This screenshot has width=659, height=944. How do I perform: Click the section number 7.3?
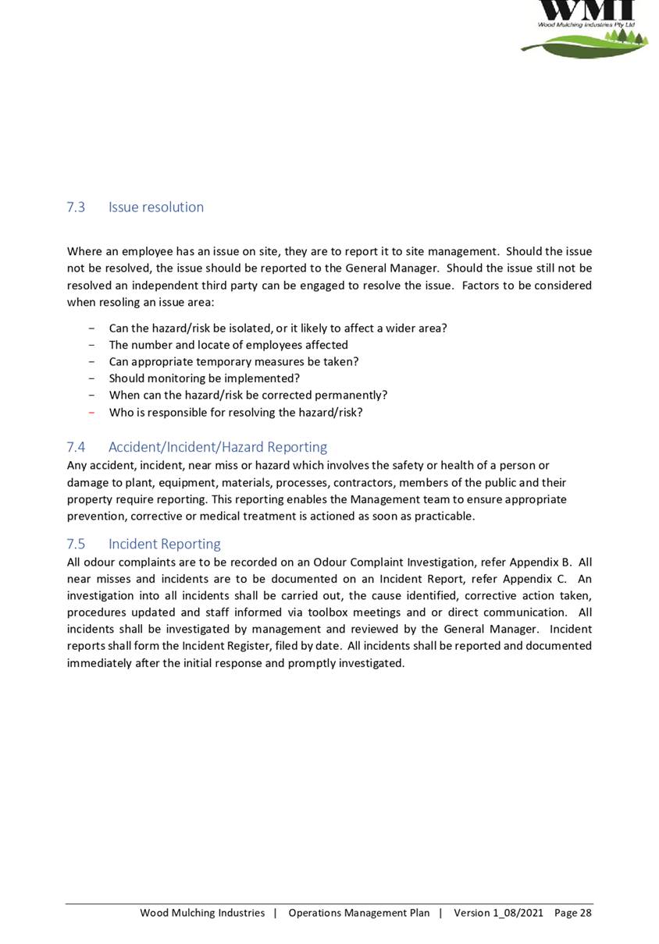[x=76, y=208]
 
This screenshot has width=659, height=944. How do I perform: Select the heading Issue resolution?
[x=156, y=208]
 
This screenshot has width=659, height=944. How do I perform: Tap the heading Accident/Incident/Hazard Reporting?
[x=218, y=447]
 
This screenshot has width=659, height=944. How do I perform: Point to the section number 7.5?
[x=76, y=544]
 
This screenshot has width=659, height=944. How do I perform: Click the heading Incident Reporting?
[x=165, y=544]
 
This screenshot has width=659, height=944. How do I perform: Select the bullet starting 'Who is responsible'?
[x=236, y=412]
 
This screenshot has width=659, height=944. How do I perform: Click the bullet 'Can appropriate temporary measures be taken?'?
[x=233, y=362]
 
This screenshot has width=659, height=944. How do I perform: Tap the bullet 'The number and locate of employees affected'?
[x=229, y=345]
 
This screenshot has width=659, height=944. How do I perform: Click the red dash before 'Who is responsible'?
[x=93, y=412]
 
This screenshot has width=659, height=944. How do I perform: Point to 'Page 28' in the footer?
[x=573, y=913]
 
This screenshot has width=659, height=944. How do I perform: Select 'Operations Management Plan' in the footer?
[x=359, y=913]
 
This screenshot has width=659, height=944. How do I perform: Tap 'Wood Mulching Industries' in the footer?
[x=202, y=913]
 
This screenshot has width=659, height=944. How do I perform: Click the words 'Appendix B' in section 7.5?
[x=541, y=562]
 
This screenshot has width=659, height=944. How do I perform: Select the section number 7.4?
[x=76, y=447]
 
